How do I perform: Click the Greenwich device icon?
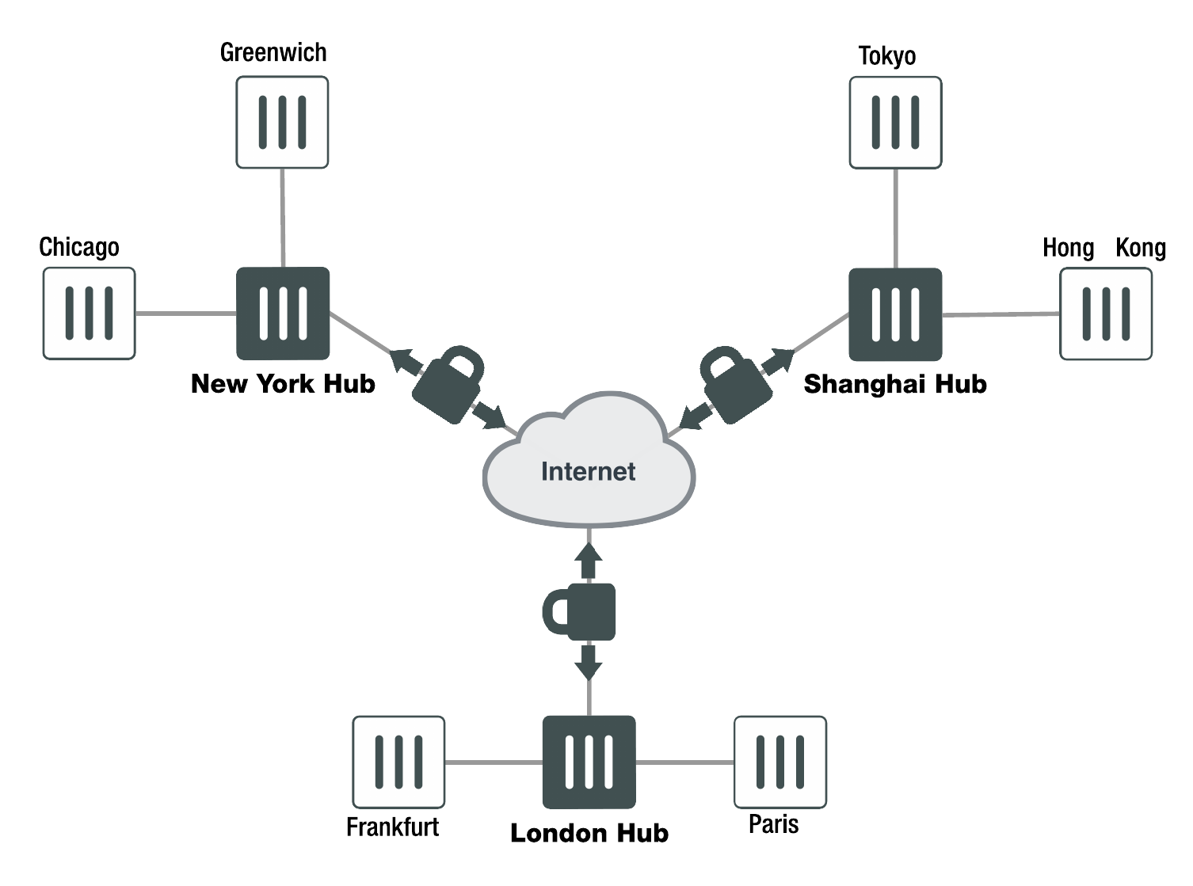[282, 122]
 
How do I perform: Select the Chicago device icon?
[89, 314]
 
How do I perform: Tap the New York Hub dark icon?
[283, 314]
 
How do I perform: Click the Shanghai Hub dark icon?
[895, 314]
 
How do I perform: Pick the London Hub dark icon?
[589, 762]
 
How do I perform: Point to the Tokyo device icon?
[895, 123]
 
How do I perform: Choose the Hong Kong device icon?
[1106, 314]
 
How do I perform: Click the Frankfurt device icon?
[398, 762]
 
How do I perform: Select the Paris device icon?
[780, 762]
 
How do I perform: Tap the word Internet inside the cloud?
[588, 472]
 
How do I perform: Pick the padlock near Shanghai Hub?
[735, 385]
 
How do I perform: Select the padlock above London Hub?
[581, 612]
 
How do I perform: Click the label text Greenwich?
[273, 53]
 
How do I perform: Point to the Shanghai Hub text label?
[895, 385]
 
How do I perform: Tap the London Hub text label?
[589, 833]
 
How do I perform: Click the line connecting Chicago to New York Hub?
[186, 314]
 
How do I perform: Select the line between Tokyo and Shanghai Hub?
[896, 219]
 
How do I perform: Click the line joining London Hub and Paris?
[684, 762]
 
